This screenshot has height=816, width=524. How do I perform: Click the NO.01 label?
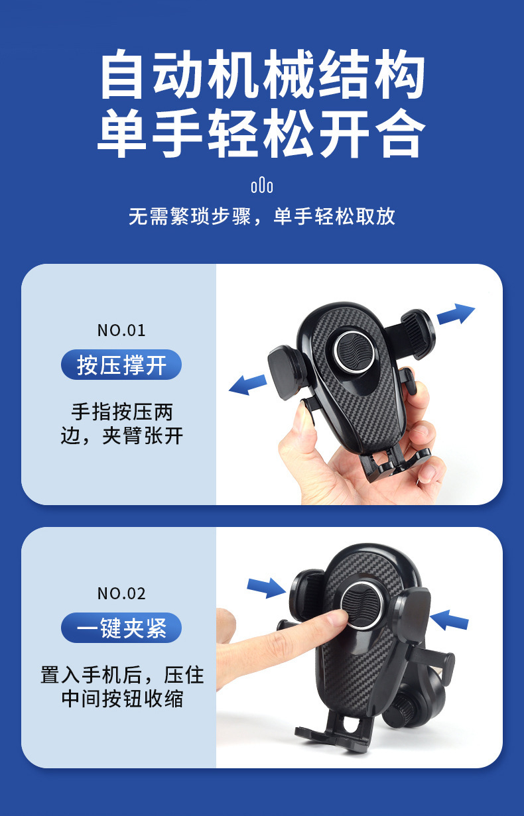coord(121,330)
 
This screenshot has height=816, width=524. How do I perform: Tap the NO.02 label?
coord(121,593)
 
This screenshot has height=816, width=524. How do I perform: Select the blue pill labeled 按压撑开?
coord(121,365)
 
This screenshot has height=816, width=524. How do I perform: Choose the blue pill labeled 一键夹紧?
coord(121,628)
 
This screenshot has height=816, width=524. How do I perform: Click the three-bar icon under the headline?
coord(262,186)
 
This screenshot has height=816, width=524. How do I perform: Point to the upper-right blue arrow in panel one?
coord(456,314)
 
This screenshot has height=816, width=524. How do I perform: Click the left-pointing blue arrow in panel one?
coord(248,384)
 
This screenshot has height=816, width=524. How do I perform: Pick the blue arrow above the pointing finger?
coord(267,587)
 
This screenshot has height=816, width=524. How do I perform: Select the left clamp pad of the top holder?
coord(287,373)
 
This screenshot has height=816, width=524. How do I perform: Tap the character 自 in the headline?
coord(121,74)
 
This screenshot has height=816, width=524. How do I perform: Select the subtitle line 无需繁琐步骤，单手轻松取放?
coord(262,216)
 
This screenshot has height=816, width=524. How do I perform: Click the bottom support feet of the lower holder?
coord(334,728)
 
